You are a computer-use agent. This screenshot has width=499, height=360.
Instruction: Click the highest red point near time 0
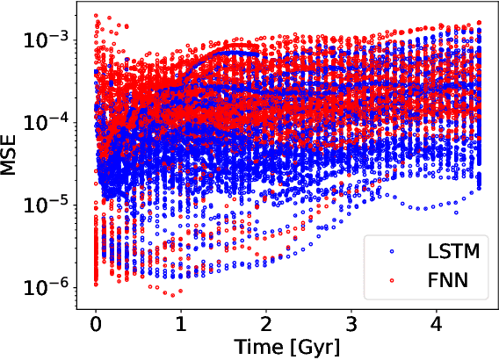coord(96,16)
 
